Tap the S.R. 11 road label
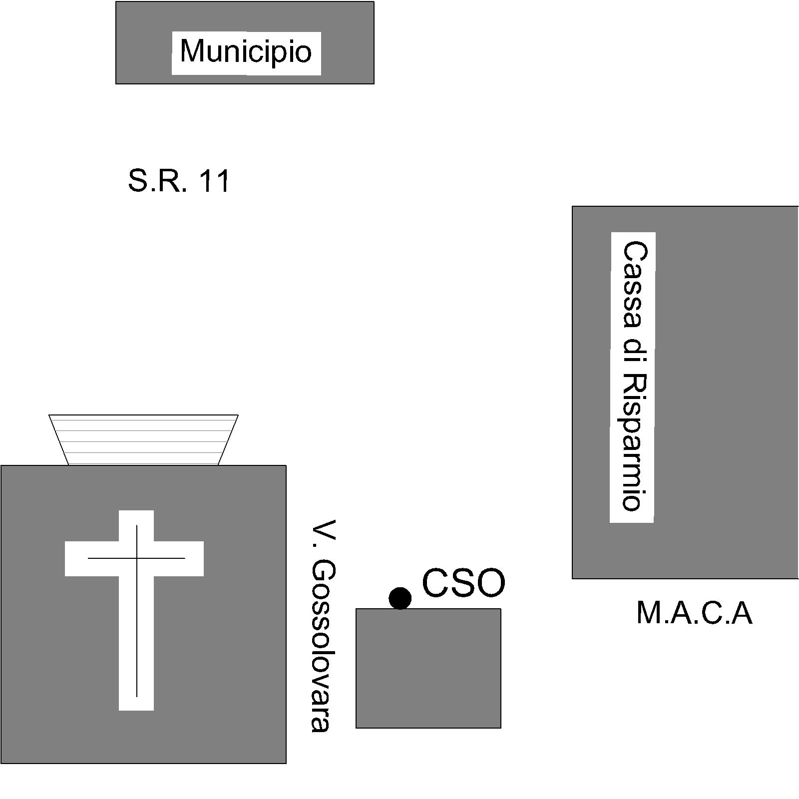pyautogui.click(x=179, y=181)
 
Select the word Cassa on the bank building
pyautogui.click(x=633, y=285)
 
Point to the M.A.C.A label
pyautogui.click(x=694, y=613)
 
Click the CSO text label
pyautogui.click(x=463, y=583)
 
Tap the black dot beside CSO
pyautogui.click(x=400, y=598)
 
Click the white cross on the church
pyautogui.click(x=136, y=609)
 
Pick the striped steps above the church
pyautogui.click(x=143, y=440)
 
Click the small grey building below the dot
pyautogui.click(x=428, y=668)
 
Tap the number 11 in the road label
pyautogui.click(x=214, y=181)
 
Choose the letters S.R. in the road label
pyautogui.click(x=158, y=181)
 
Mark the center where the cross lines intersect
pyautogui.click(x=137, y=558)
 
